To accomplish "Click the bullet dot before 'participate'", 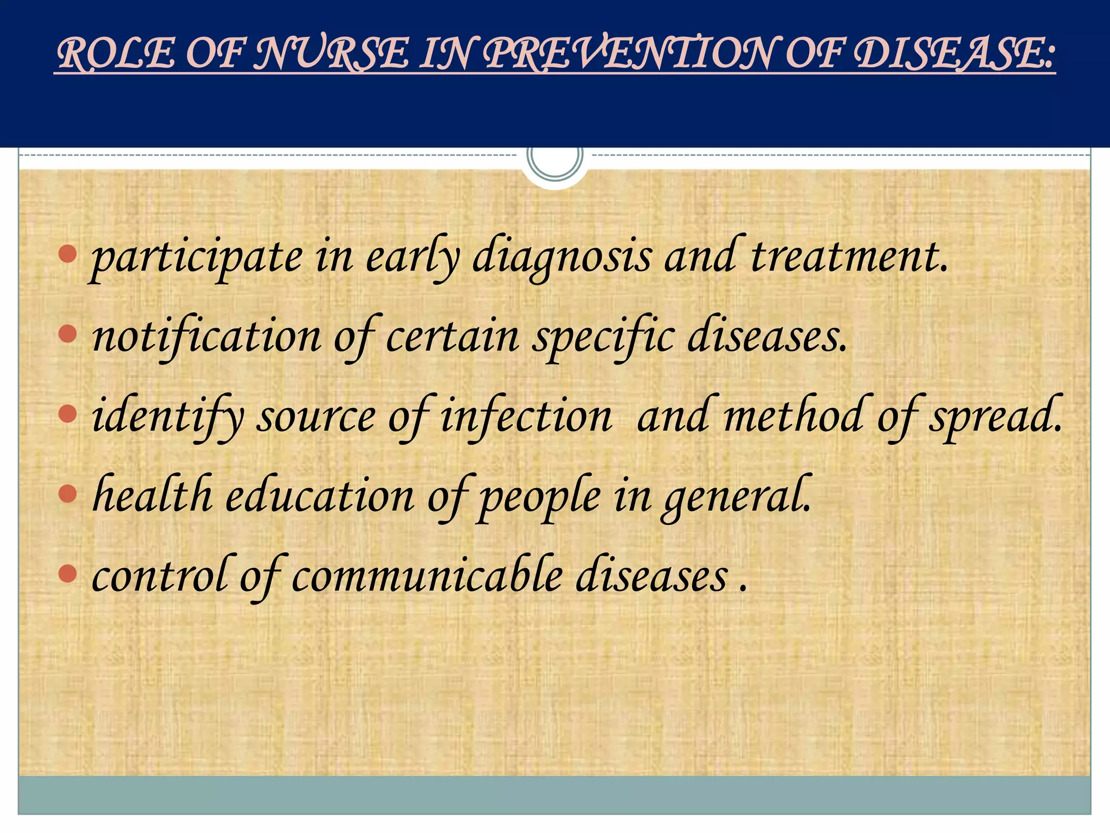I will pyautogui.click(x=67, y=254).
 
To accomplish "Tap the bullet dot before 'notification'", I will pyautogui.click(x=67, y=334).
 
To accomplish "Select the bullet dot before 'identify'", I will pyautogui.click(x=67, y=414).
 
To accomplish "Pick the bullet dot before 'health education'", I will pyautogui.click(x=67, y=494).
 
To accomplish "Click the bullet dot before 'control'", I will pyautogui.click(x=67, y=573).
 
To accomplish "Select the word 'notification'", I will pyautogui.click(x=206, y=337).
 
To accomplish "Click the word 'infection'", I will pyautogui.click(x=526, y=416).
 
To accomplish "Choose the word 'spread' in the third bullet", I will pyautogui.click(x=995, y=416).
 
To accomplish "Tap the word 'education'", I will pyautogui.click(x=320, y=496).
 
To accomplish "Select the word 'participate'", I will pyautogui.click(x=197, y=258).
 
